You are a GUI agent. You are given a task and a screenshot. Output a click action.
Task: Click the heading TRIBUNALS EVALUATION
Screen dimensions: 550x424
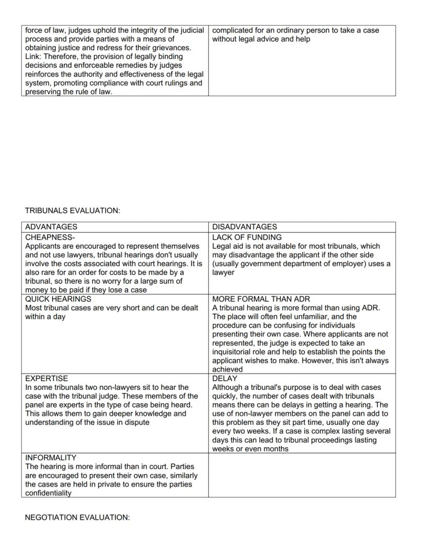[72, 210]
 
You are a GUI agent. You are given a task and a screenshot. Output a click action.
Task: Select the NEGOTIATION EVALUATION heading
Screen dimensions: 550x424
[77, 518]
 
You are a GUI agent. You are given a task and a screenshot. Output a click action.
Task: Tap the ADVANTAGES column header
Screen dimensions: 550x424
[51, 227]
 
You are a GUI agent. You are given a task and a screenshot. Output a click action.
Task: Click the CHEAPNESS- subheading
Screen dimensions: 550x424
[50, 238]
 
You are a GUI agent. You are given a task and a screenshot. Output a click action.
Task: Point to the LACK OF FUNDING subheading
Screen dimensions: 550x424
[247, 238]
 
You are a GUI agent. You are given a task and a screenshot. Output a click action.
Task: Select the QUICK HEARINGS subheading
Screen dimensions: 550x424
[58, 299]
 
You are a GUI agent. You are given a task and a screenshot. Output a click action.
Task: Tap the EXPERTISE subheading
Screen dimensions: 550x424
[47, 379]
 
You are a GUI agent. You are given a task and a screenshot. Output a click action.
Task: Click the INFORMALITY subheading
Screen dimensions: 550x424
[51, 458]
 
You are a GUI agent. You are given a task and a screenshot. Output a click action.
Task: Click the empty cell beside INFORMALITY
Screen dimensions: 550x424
[302, 475]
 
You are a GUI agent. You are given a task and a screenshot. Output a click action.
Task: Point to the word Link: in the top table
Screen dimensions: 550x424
[34, 57]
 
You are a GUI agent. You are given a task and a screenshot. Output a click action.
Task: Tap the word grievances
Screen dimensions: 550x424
[169, 48]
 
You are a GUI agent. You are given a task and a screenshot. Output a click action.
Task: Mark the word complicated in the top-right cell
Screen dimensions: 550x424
[233, 30]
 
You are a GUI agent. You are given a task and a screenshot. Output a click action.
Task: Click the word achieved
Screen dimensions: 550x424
[228, 369]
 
